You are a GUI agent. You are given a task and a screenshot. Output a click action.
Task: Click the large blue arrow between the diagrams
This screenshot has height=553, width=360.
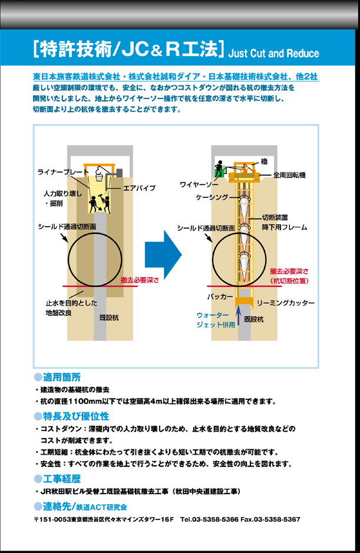click(163, 254)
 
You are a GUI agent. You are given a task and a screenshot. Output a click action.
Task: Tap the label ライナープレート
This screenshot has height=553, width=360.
click(63, 172)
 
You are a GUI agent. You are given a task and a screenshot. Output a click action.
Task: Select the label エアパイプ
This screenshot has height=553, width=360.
click(140, 188)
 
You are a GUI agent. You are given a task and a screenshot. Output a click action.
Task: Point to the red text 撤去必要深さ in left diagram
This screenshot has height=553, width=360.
click(140, 280)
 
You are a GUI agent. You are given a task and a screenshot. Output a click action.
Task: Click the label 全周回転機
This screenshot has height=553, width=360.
click(289, 175)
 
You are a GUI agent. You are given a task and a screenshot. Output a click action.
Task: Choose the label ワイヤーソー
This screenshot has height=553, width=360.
click(199, 184)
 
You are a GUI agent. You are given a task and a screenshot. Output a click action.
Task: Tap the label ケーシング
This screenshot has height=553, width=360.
click(213, 197)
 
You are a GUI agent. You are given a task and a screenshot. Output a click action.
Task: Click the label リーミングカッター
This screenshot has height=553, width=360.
click(286, 303)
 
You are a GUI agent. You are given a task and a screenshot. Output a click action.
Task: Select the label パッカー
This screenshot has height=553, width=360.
click(220, 297)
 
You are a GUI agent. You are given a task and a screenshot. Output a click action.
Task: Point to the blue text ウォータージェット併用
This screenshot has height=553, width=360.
click(216, 320)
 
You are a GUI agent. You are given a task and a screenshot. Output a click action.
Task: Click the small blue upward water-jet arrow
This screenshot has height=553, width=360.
click(239, 315)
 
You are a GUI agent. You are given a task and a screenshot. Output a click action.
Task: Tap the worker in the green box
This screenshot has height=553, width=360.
click(220, 168)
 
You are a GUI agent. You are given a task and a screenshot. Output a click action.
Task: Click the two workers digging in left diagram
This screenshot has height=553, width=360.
click(100, 203)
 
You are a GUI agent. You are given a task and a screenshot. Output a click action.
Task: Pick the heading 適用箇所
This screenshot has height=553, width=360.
click(62, 378)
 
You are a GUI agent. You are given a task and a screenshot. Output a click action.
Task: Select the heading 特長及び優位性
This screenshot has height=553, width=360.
click(76, 416)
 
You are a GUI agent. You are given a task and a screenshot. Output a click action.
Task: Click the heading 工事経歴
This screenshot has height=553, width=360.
click(62, 479)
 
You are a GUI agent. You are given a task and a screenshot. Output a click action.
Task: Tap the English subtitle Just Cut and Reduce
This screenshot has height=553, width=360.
click(274, 53)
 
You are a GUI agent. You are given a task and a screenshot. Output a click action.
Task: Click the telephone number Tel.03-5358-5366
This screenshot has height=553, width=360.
click(209, 519)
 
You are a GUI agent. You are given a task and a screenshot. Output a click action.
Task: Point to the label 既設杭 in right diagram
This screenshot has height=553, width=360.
click(254, 319)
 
